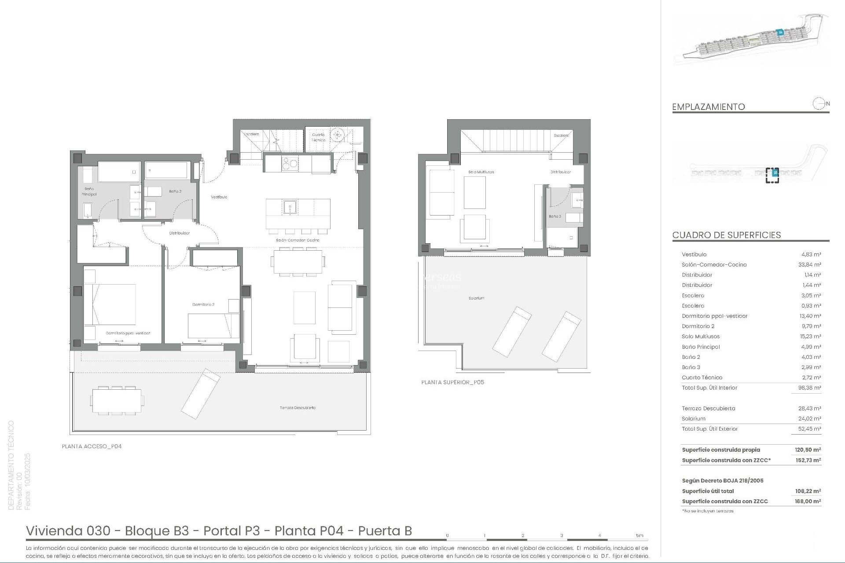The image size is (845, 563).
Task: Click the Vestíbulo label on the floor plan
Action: click(x=219, y=197)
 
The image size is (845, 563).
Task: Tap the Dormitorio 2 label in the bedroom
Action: click(x=203, y=304)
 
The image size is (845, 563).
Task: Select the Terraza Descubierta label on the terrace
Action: click(x=298, y=408)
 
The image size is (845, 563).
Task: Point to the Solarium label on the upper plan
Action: click(x=476, y=298)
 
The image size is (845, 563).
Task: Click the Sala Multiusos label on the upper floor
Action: click(x=481, y=172)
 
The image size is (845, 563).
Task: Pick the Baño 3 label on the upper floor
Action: click(x=555, y=216)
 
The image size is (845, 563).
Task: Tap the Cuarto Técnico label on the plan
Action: click(x=318, y=137)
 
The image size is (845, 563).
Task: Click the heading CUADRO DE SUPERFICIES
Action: click(x=726, y=235)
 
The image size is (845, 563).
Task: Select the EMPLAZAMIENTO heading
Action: click(x=708, y=107)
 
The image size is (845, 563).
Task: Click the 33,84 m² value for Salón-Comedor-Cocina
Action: click(x=811, y=265)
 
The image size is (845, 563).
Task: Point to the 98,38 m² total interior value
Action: click(x=811, y=388)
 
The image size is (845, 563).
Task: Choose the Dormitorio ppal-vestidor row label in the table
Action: click(x=714, y=316)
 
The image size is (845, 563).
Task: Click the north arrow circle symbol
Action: click(x=819, y=104)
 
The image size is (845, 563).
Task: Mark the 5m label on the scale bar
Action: click(x=639, y=535)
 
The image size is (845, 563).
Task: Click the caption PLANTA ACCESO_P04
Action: click(x=92, y=446)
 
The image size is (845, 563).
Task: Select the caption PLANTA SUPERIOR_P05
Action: click(x=452, y=382)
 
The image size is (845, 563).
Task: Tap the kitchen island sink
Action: click(x=290, y=206)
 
